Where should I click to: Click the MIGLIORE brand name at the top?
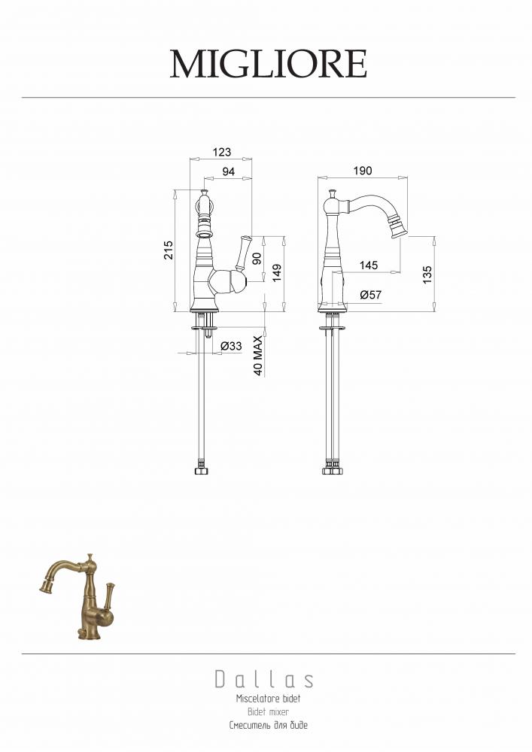point(269,64)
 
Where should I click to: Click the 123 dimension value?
point(222,152)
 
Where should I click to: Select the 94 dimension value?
point(229,171)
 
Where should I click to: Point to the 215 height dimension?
point(169,250)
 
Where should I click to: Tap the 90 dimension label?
point(257,259)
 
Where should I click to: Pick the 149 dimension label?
point(277,274)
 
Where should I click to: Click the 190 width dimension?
point(363,171)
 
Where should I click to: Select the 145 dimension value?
point(369,265)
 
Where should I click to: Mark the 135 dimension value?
point(427,274)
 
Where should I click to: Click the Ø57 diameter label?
point(371,295)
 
